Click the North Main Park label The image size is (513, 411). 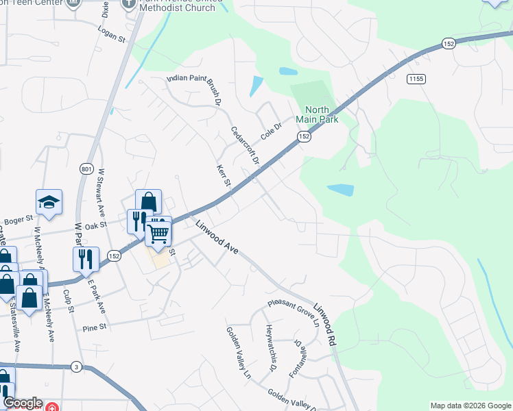pyautogui.click(x=317, y=114)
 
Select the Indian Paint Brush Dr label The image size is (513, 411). pyautogui.click(x=195, y=90)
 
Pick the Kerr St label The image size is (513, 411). pyautogui.click(x=223, y=176)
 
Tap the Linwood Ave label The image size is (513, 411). pyautogui.click(x=217, y=237)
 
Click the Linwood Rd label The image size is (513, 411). pyautogui.click(x=326, y=324)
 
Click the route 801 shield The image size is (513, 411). pyautogui.click(x=85, y=169)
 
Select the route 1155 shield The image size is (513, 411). pyautogui.click(x=416, y=79)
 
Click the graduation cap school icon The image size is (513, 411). pyautogui.click(x=49, y=202)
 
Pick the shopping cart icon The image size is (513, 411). pyautogui.click(x=158, y=234)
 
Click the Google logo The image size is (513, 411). pyautogui.click(x=23, y=403)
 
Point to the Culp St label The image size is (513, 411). pyautogui.click(x=68, y=301)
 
